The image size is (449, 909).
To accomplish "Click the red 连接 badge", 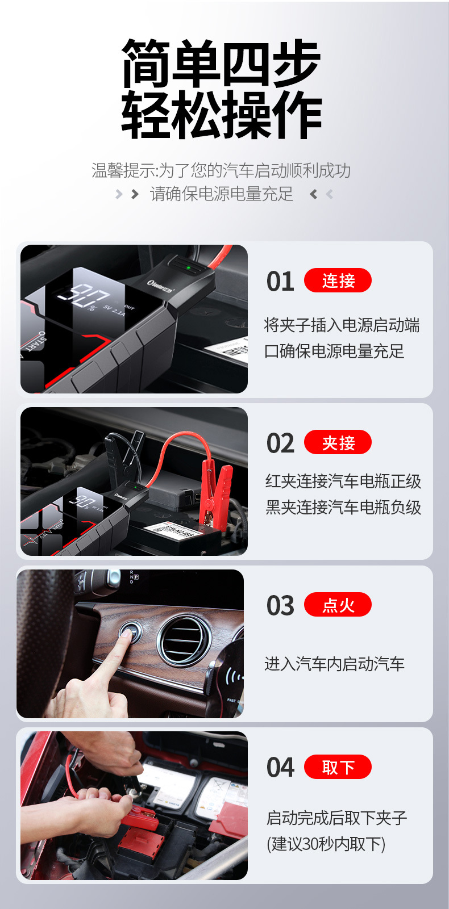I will (x=338, y=280).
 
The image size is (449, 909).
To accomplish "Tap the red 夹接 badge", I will (x=338, y=442).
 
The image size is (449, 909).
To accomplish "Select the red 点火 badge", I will (x=338, y=605).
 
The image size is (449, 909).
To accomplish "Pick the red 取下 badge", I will (x=338, y=767).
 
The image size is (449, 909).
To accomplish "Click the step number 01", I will (x=280, y=282).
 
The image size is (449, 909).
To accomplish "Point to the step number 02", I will (x=280, y=443).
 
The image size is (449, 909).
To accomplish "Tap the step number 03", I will (x=280, y=606).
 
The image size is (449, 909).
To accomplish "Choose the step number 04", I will (x=280, y=768).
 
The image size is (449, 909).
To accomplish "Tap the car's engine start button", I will (x=130, y=631).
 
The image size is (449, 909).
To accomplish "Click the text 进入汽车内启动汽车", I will (x=334, y=664).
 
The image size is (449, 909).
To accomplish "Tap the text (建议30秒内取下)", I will (x=326, y=844).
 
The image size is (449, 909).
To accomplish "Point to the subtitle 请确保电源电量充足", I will (x=222, y=194).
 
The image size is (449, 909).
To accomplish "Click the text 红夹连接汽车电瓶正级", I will (x=343, y=481).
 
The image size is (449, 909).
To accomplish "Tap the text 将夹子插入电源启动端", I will (x=342, y=325).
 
